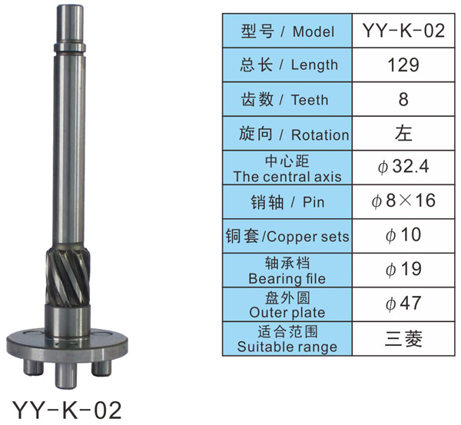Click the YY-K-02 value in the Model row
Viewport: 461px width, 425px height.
[403, 30]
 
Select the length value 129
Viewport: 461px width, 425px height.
[403, 65]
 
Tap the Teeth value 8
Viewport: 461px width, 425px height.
[403, 99]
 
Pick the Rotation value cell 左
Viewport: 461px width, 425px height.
[403, 133]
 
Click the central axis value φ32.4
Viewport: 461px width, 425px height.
[403, 167]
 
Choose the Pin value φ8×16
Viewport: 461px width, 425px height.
[403, 201]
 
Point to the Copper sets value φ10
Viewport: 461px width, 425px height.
[403, 235]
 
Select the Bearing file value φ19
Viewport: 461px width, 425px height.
[403, 269]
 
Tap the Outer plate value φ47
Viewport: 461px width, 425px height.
[403, 304]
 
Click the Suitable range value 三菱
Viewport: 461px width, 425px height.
[403, 338]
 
